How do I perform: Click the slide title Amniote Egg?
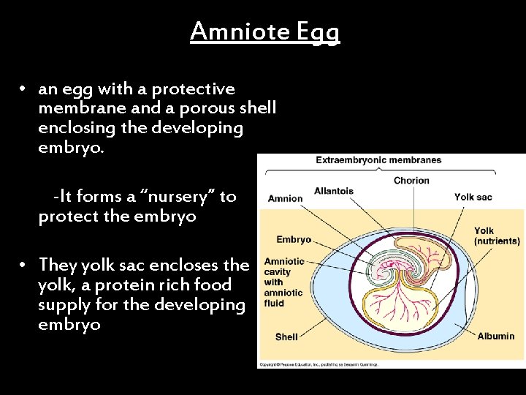coord(265,31)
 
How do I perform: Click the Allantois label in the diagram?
coord(333,191)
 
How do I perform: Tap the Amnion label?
coord(285,198)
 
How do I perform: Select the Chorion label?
coord(411,181)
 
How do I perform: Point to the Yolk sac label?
coord(474,197)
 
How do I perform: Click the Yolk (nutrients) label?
coord(496,236)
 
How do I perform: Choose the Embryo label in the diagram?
coord(294,239)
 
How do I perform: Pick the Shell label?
coord(286,337)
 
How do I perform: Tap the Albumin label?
coord(495,336)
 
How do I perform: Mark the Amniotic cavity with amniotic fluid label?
coord(284,282)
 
